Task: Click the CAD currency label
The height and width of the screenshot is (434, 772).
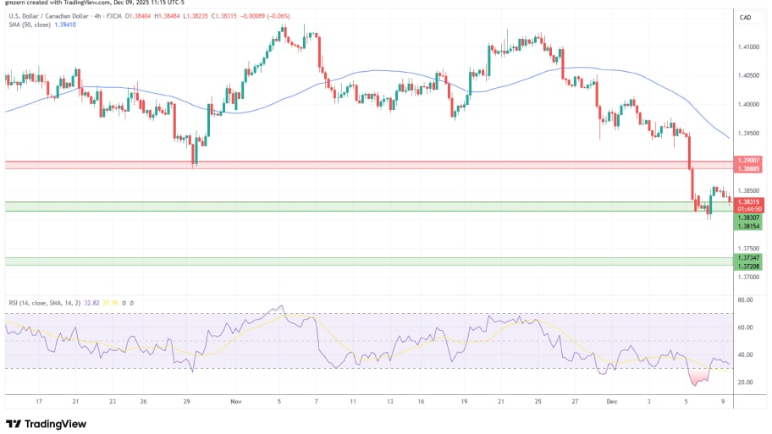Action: (x=746, y=17)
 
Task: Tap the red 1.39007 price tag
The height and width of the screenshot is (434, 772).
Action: (x=750, y=160)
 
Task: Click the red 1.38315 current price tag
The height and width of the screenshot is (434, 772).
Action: (x=750, y=202)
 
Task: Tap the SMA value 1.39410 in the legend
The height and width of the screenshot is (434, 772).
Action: (x=64, y=25)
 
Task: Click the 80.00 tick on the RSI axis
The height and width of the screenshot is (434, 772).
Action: (x=746, y=300)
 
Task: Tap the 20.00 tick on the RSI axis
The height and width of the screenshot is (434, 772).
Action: (x=746, y=382)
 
